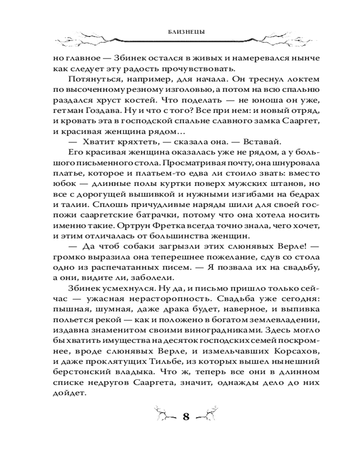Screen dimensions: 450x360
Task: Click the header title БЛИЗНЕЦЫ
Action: (x=180, y=32)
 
